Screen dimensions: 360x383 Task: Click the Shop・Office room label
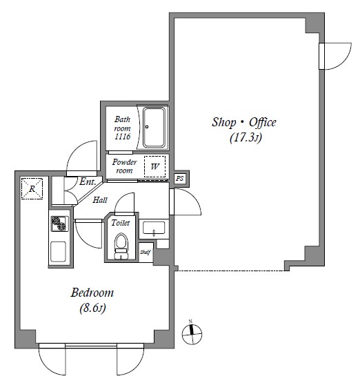(243, 122)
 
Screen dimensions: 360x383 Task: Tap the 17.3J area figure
(246, 137)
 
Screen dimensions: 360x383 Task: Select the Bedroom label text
(92, 293)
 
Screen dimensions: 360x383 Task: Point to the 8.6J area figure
(92, 308)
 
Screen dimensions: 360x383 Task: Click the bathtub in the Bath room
(154, 128)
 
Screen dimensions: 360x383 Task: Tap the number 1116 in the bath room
(123, 137)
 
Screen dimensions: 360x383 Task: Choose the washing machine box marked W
(154, 166)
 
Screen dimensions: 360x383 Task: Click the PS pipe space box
(179, 178)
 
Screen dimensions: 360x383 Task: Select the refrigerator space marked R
(32, 188)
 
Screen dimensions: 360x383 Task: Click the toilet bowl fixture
(121, 246)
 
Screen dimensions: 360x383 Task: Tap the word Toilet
(120, 223)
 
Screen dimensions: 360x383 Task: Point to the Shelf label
(146, 252)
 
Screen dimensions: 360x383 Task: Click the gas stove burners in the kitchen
(59, 224)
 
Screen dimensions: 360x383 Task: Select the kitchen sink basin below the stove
(58, 252)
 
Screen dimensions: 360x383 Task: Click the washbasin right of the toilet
(154, 228)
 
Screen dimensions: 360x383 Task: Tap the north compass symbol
(192, 333)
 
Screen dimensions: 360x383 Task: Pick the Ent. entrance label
(88, 181)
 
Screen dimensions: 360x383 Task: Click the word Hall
(100, 200)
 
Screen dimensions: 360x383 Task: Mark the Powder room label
(124, 166)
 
